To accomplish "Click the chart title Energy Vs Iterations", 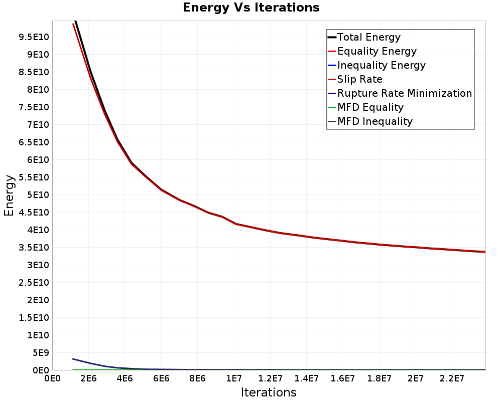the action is pos(251,8).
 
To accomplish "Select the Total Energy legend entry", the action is pos(364,37).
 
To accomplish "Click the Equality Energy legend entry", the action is pos(372,51).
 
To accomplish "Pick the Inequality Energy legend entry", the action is pos(377,65).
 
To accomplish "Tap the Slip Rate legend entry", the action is pos(355,79).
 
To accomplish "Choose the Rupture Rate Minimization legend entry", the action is pos(400,93).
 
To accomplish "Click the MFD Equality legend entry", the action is pos(365,107).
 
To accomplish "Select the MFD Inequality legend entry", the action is pos(370,121).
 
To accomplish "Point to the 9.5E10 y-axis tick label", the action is pos(34,37).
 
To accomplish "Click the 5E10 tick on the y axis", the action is pos(38,195).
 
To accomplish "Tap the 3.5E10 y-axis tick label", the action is pos(34,248).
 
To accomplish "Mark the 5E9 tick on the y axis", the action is pos(40,353).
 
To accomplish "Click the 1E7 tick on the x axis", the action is pos(234,378).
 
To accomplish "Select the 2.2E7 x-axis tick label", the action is pos(452,378).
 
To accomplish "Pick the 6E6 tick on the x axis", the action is pos(161,378).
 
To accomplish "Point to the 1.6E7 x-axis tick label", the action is pos(342,378).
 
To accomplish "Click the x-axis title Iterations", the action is pos(269,392).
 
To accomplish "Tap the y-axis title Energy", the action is pos(9,195).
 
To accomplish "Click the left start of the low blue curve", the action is pos(73,359).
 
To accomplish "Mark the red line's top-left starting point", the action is pos(73,24).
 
